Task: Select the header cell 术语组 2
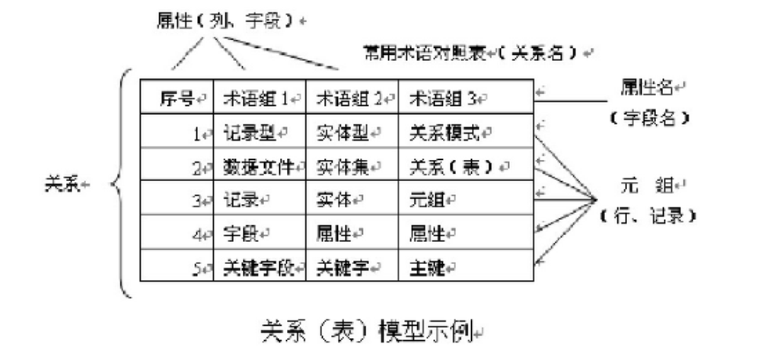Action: (350, 98)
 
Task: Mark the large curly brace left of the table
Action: (122, 183)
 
